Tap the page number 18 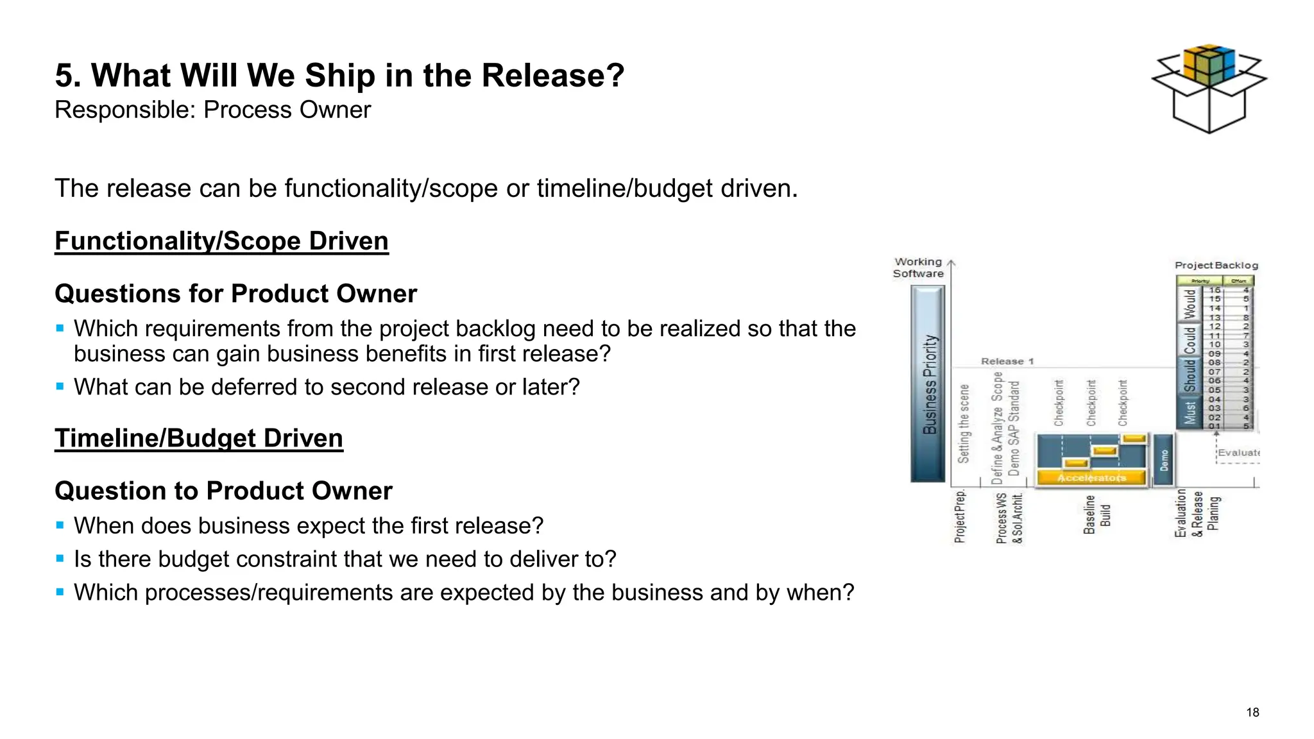1252,712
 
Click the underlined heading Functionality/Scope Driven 221,241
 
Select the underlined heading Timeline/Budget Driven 199,439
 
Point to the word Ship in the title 339,76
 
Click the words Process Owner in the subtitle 287,110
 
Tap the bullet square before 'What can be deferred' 60,387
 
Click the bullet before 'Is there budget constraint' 60,559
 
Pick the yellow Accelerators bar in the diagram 1091,478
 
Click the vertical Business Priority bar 928,384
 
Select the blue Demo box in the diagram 1164,460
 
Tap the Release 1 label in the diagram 1007,362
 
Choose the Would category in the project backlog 1190,304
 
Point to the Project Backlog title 1216,266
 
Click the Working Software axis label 918,268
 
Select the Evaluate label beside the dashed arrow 1238,453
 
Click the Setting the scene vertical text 964,423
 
